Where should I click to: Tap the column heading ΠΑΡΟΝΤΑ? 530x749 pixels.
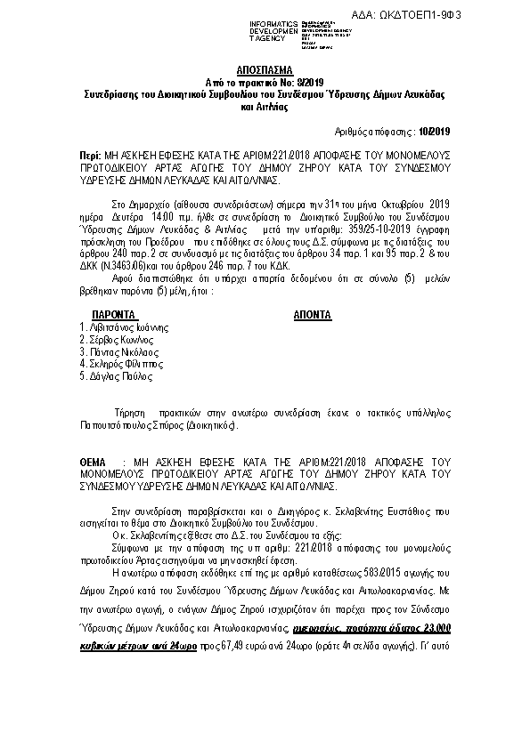point(113,315)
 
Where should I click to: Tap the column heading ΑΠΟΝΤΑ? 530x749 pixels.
point(312,315)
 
